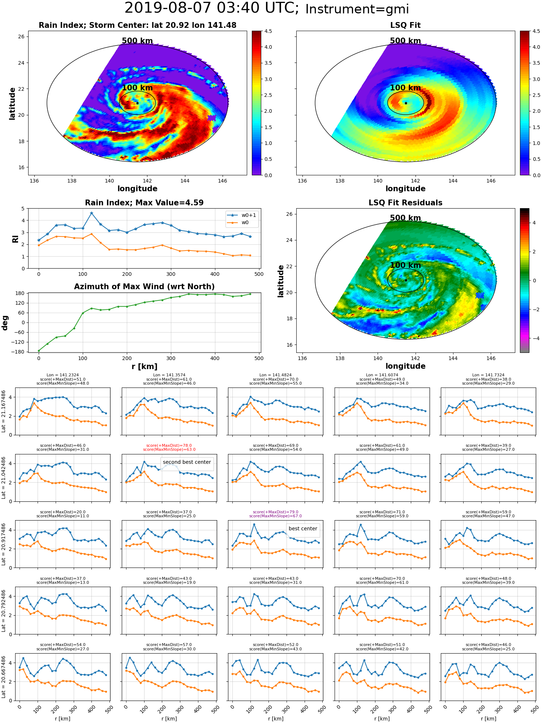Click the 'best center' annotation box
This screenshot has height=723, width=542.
tap(303, 529)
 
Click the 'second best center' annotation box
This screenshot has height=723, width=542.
tap(187, 462)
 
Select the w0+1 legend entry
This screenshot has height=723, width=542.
tap(242, 215)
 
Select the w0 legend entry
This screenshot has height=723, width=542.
tap(238, 223)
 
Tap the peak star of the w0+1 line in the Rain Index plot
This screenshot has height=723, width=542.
tap(91, 213)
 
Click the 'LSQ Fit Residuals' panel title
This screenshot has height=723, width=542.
tap(405, 203)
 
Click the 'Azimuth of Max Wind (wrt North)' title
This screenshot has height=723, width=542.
tap(144, 287)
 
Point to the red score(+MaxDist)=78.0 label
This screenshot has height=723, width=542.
tap(169, 445)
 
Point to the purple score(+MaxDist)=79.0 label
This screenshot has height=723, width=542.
tap(276, 512)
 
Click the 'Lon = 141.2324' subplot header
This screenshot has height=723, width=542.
tap(63, 375)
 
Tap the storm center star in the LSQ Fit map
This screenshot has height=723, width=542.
tap(406, 103)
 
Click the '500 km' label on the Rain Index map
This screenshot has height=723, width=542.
tap(137, 41)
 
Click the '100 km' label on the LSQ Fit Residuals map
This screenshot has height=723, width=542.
tap(405, 265)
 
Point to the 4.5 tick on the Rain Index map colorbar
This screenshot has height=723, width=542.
tap(268, 31)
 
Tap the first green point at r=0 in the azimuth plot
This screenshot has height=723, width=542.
tap(39, 351)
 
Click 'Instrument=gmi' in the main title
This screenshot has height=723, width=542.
tap(357, 9)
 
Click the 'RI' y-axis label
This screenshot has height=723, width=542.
tap(15, 239)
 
